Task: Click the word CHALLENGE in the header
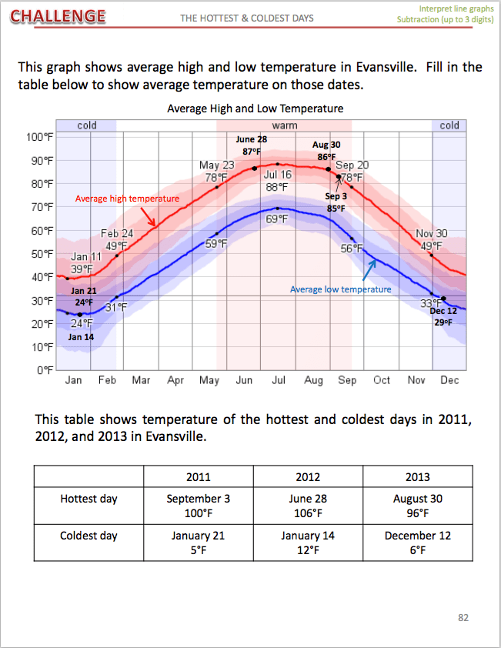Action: (58, 15)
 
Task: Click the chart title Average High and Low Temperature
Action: (255, 109)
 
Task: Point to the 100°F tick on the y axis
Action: (39, 137)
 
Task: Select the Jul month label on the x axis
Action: (279, 380)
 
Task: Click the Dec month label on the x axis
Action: (449, 380)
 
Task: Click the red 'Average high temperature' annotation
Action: (127, 199)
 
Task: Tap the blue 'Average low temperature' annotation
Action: (340, 289)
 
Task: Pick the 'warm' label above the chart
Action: (284, 125)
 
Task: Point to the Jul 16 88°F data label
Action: (277, 180)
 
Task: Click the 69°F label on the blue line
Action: (277, 219)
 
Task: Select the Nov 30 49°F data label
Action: (432, 240)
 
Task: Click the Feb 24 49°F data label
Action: (117, 240)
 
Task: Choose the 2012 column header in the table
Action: (308, 477)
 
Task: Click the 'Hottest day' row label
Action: (89, 499)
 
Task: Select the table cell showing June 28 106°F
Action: (308, 506)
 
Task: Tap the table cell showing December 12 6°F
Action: (417, 543)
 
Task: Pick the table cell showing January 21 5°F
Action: (198, 543)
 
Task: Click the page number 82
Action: (463, 617)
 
